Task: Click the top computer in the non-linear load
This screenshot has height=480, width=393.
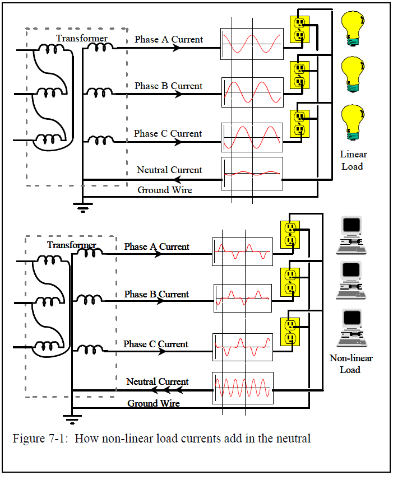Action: coord(352,231)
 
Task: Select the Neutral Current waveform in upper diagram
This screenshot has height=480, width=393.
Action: coord(252,174)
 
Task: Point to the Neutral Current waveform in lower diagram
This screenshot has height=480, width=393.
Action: coord(242,388)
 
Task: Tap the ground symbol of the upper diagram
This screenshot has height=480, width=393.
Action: coord(82,209)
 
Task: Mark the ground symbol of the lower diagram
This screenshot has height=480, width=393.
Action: coord(72,418)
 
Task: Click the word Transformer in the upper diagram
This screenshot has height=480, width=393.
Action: coord(82,38)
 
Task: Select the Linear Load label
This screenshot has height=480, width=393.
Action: coord(353,160)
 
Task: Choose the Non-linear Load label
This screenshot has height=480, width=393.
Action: coord(351,364)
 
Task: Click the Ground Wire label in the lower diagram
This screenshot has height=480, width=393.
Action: coord(154,403)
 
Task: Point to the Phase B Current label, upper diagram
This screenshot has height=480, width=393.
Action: coord(168,86)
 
